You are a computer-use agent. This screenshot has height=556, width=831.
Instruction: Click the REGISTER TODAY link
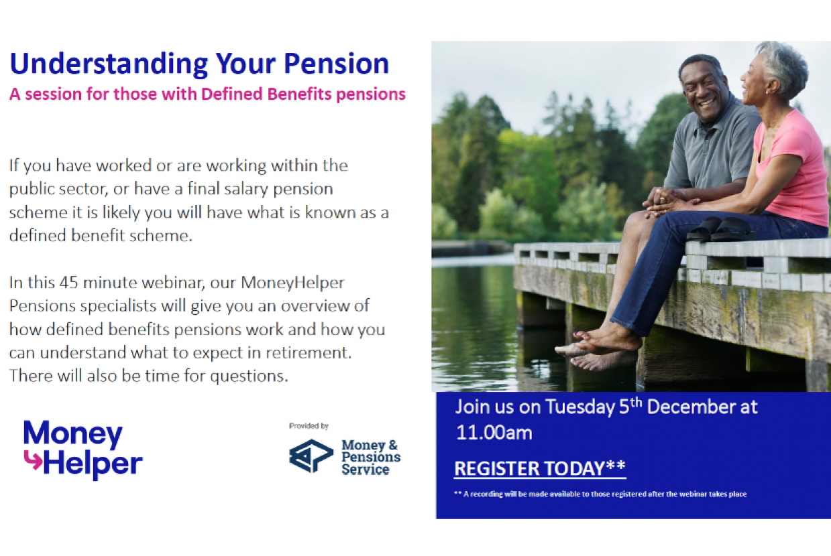pos(540,469)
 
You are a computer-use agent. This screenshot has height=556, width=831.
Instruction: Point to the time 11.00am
pos(494,433)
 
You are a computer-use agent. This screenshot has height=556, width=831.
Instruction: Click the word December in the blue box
pos(692,407)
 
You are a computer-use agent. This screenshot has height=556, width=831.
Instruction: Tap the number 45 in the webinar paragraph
pos(68,283)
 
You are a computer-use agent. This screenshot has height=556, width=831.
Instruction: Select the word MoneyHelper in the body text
pos(292,283)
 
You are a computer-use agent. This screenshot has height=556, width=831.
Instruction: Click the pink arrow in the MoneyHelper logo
pos(33,460)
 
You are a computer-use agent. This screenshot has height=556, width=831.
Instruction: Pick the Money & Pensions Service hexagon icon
pos(311,456)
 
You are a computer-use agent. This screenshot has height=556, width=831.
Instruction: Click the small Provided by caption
pos(309,426)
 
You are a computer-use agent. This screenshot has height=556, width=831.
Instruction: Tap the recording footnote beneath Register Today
pos(600,494)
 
